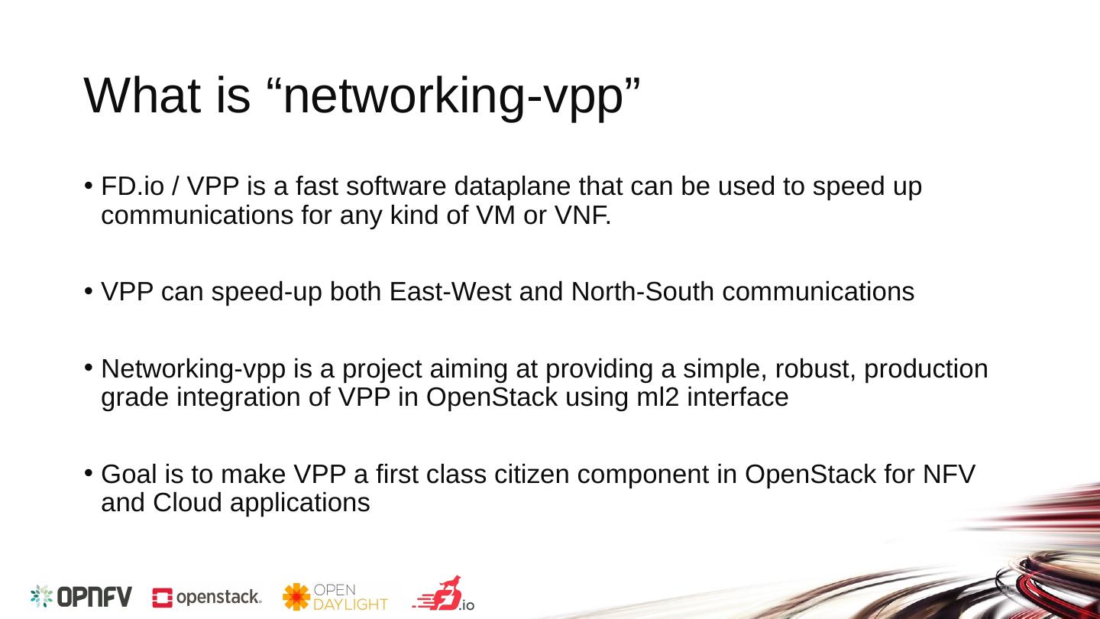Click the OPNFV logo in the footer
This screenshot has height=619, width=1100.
(x=81, y=597)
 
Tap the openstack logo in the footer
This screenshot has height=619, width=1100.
(x=207, y=598)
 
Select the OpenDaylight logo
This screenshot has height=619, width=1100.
(x=335, y=597)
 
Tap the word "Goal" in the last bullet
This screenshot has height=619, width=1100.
(x=128, y=475)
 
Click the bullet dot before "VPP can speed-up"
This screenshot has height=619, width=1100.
(x=89, y=291)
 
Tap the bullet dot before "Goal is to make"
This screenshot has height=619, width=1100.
(x=89, y=474)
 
